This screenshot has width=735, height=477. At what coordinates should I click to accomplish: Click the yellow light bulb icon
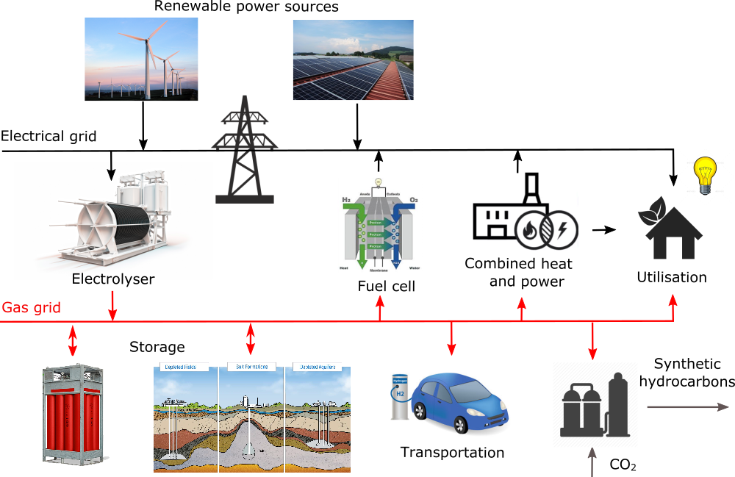pyautogui.click(x=705, y=176)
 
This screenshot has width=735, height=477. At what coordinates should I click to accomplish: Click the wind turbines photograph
pyautogui.click(x=141, y=59)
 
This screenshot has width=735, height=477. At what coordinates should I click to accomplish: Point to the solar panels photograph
pyautogui.click(x=353, y=60)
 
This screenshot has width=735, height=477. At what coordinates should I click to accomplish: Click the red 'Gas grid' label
pyautogui.click(x=31, y=307)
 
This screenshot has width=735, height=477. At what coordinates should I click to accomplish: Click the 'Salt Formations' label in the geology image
pyautogui.click(x=251, y=367)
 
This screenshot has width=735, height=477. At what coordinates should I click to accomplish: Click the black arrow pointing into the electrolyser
pyautogui.click(x=111, y=171)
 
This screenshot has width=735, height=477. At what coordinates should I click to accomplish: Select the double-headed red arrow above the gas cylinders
pyautogui.click(x=73, y=339)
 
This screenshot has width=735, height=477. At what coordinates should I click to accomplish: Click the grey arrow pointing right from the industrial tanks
pyautogui.click(x=687, y=407)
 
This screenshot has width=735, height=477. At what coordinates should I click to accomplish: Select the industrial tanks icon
pyautogui.click(x=595, y=405)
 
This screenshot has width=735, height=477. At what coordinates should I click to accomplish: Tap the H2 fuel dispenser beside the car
pyautogui.click(x=400, y=396)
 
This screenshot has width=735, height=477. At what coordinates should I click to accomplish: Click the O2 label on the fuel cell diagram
pyautogui.click(x=413, y=199)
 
